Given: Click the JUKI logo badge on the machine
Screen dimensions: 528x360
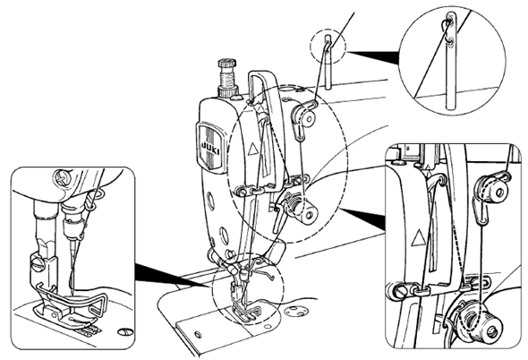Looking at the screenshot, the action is click(210, 147).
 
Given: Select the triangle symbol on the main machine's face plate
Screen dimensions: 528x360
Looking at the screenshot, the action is click(252, 149).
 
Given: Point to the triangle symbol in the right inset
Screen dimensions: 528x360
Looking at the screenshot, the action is click(418, 238).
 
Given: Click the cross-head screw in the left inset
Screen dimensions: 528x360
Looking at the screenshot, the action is click(62, 177).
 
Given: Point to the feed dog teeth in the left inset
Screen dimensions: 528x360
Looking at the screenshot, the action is click(89, 330).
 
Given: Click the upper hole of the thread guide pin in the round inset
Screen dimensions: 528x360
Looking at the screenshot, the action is click(450, 21).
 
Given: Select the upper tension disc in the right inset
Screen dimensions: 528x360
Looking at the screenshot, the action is click(491, 191).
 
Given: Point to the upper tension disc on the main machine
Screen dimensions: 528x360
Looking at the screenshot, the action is click(304, 116).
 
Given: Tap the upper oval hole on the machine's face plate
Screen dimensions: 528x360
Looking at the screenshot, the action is click(211, 201).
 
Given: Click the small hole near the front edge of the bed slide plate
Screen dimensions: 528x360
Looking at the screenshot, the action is click(199, 334).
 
